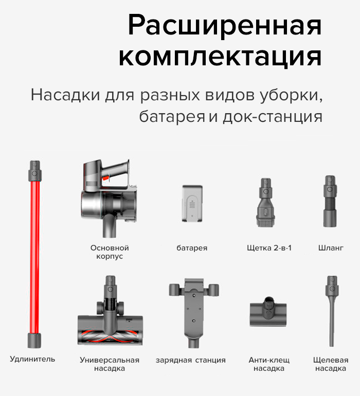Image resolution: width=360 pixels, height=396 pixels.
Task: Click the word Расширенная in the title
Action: pyautogui.click(x=224, y=24)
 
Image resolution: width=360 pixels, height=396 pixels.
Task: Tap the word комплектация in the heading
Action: pyautogui.click(x=220, y=57)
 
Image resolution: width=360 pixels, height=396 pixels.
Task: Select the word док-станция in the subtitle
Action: pyautogui.click(x=273, y=117)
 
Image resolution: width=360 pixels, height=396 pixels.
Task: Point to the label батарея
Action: pyautogui.click(x=192, y=248)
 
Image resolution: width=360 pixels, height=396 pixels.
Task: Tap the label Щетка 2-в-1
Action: pyautogui.click(x=269, y=248)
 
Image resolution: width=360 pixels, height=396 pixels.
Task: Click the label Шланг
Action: pyautogui.click(x=331, y=248)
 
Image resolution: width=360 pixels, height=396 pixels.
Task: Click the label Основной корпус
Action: pyautogui.click(x=109, y=252)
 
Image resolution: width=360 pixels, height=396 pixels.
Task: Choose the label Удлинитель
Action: pyautogui.click(x=32, y=359)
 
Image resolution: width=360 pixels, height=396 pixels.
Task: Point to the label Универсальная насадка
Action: pyautogui.click(x=110, y=364)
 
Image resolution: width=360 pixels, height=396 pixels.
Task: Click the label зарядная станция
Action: pyautogui.click(x=191, y=360)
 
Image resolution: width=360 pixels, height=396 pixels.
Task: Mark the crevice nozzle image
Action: pyautogui.click(x=330, y=311)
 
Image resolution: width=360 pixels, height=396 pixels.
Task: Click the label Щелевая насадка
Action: pyautogui.click(x=331, y=364)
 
